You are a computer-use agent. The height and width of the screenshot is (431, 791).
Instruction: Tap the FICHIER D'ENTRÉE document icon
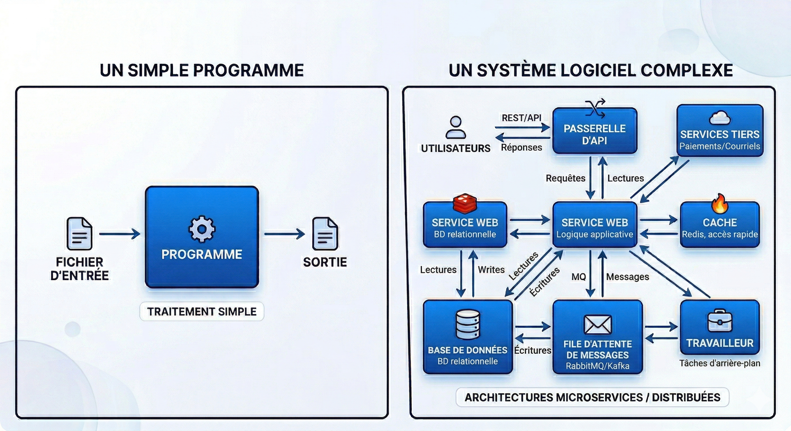click(79, 233)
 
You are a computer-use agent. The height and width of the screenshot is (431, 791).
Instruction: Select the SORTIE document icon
click(325, 233)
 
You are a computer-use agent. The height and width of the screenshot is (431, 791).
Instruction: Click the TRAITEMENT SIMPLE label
click(202, 312)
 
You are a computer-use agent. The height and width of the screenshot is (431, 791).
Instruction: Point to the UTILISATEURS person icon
click(456, 127)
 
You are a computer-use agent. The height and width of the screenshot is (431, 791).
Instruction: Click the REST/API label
click(521, 118)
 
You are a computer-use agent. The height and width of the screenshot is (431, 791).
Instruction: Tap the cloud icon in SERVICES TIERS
click(720, 118)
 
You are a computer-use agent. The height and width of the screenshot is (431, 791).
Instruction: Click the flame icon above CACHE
click(719, 204)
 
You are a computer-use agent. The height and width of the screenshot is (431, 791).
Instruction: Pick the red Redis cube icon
click(465, 203)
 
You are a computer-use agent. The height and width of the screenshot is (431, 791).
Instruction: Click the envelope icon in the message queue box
click(597, 325)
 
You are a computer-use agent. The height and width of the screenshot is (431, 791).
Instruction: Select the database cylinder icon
click(467, 324)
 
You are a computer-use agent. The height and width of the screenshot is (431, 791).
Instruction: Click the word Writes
click(491, 270)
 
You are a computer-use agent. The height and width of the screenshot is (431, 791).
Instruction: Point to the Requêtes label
click(565, 178)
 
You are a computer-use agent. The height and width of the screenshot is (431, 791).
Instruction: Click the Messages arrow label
click(627, 277)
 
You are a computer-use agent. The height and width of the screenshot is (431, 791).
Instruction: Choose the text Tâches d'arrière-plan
click(719, 363)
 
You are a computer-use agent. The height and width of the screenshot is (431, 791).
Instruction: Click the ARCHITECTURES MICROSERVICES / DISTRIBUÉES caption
click(592, 397)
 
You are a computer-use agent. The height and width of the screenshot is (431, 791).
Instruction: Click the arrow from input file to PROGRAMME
click(119, 234)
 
